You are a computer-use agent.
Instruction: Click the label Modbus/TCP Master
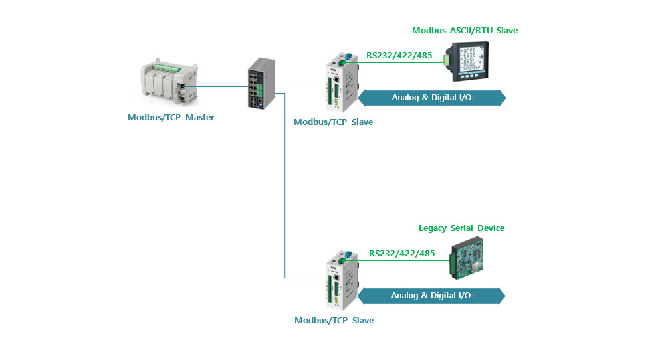(x=171, y=118)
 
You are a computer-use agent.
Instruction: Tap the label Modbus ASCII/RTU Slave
(x=465, y=31)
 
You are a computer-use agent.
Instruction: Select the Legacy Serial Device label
(x=461, y=228)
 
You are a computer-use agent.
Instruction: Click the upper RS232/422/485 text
(x=399, y=56)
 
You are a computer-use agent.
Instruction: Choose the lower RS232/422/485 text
(x=401, y=253)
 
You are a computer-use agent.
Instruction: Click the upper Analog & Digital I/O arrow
(x=432, y=98)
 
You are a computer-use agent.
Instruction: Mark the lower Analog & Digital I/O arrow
(x=431, y=296)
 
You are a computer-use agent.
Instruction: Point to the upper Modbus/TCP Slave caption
(x=333, y=122)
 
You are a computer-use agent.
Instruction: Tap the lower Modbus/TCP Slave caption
(x=334, y=321)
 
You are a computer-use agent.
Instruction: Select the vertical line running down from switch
(x=285, y=186)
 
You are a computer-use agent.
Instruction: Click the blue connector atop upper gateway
(x=346, y=58)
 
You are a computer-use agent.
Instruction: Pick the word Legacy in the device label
(x=433, y=228)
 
